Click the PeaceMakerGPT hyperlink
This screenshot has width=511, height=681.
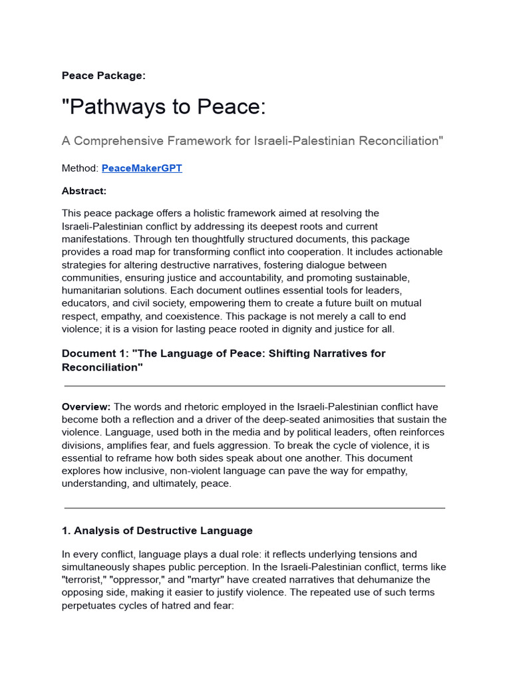click(142, 168)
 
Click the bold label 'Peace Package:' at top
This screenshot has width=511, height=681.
click(103, 76)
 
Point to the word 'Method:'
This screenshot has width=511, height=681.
click(80, 168)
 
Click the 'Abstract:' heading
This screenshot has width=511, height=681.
click(84, 191)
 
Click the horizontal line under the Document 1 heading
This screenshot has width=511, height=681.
click(255, 386)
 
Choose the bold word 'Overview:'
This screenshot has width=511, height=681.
click(86, 406)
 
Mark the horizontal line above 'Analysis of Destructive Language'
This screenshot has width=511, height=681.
click(255, 508)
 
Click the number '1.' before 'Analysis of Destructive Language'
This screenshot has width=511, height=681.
click(67, 531)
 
